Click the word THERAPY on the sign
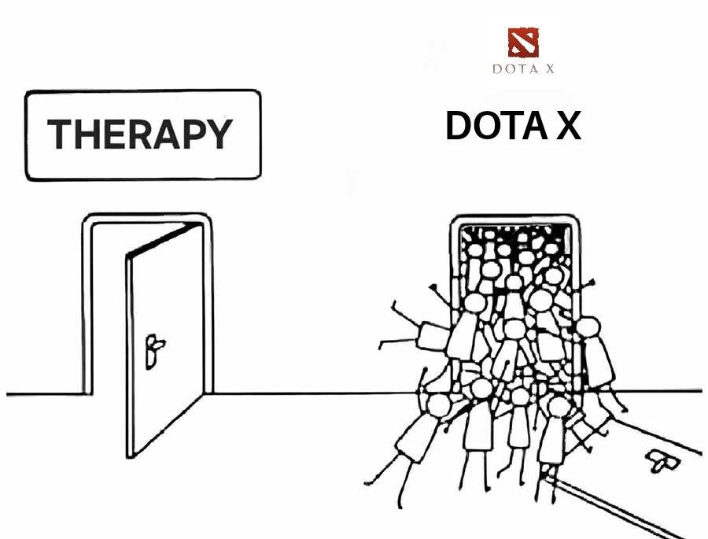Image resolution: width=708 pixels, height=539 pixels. [x=140, y=135]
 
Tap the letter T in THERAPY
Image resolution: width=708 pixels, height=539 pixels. [x=60, y=135]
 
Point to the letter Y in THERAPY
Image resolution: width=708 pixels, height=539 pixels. [x=219, y=135]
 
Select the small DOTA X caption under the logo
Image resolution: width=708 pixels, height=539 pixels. [x=523, y=69]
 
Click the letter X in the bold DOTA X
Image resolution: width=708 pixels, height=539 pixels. [x=567, y=126]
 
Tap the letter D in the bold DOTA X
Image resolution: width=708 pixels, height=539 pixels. [x=460, y=126]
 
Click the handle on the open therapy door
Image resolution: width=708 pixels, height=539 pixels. [x=154, y=346]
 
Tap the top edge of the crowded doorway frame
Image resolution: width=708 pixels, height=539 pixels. [x=516, y=217]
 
